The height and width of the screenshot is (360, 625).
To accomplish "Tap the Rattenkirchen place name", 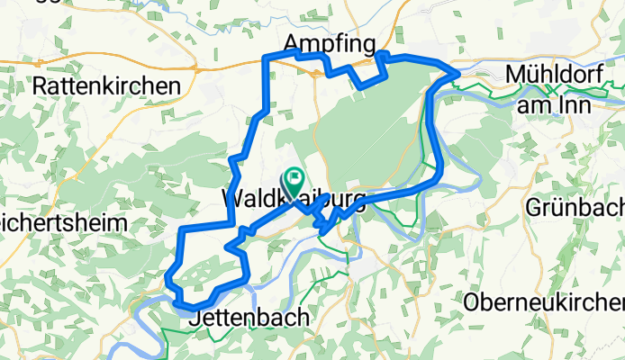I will click(106, 86).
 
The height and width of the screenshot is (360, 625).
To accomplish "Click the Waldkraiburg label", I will click(294, 198).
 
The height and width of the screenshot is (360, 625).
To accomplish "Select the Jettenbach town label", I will click(249, 318).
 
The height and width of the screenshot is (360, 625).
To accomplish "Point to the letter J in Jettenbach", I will click(195, 318).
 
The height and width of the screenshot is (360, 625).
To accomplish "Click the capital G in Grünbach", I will click(534, 207).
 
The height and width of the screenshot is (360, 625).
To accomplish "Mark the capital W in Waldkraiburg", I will click(231, 198).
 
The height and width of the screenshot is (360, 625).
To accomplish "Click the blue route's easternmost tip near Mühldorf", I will click(458, 71).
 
